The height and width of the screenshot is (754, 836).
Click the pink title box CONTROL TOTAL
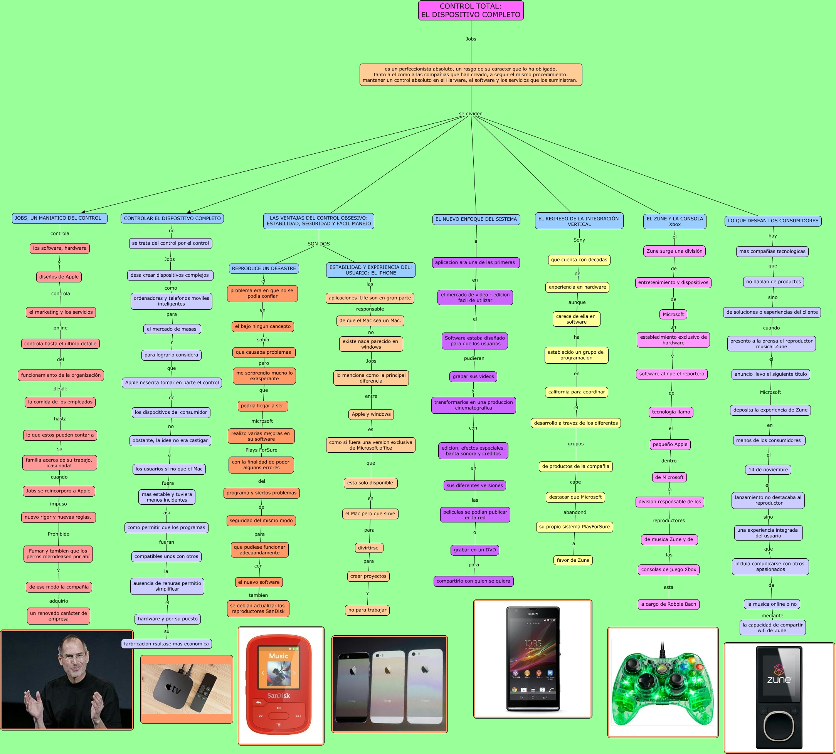(471, 10)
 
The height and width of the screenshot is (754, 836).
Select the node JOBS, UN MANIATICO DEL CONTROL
(59, 218)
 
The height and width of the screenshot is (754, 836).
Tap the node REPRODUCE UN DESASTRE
(264, 269)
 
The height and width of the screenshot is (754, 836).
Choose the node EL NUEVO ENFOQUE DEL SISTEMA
(476, 219)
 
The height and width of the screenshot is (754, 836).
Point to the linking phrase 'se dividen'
(471, 114)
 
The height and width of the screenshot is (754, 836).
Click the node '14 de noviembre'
(768, 469)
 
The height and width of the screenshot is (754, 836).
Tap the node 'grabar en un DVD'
(474, 550)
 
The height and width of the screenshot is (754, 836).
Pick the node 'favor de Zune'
(573, 560)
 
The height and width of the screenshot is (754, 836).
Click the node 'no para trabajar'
(367, 610)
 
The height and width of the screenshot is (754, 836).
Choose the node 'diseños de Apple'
(59, 277)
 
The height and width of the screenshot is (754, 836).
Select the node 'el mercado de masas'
(171, 329)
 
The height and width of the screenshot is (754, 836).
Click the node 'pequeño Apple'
(670, 445)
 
